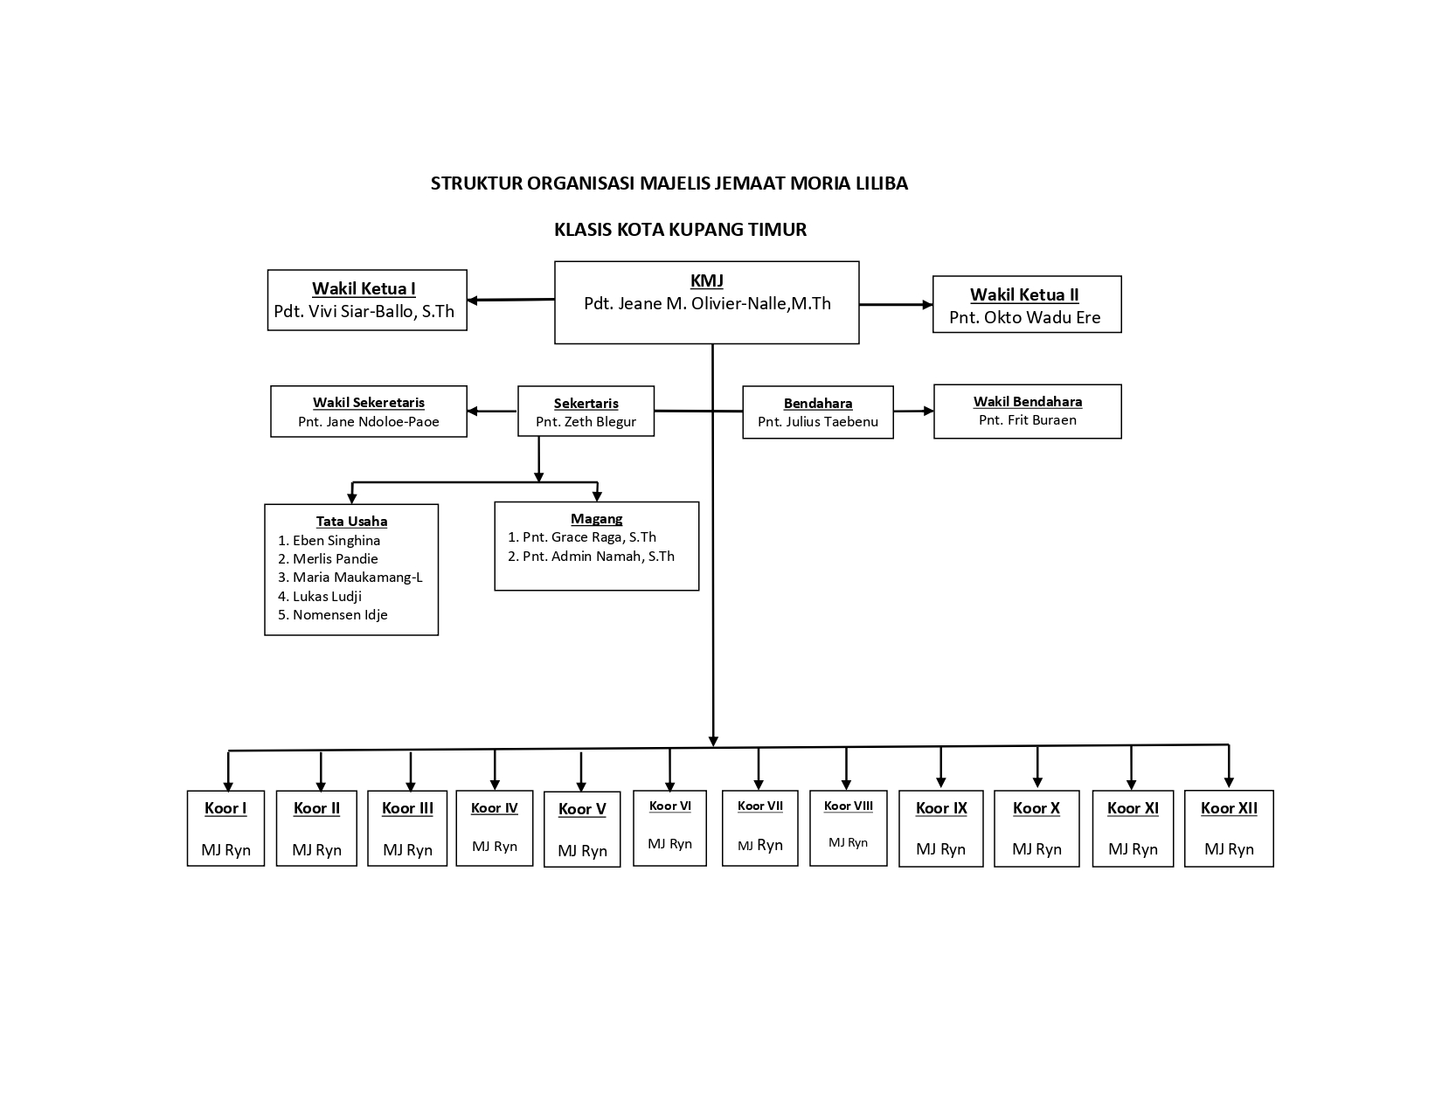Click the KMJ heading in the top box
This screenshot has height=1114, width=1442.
tap(706, 281)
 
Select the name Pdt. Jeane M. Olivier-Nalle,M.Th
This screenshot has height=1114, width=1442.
tap(707, 304)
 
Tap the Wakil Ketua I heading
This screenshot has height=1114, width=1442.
tap(364, 289)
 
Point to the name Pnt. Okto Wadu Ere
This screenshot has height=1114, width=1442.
tap(1025, 317)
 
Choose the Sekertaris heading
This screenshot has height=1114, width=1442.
tap(586, 404)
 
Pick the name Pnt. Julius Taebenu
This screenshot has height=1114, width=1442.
tap(817, 422)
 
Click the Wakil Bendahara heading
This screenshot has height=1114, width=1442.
tap(1028, 402)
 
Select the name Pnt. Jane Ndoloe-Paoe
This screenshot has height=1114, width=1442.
tap(368, 422)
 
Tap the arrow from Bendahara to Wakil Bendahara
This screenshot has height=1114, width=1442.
tap(913, 411)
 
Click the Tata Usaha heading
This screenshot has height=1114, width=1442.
tap(351, 522)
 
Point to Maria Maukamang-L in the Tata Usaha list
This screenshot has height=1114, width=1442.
tap(357, 578)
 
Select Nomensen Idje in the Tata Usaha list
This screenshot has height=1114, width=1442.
tap(340, 615)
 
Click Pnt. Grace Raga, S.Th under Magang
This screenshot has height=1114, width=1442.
tap(589, 537)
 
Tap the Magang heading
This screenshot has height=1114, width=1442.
tap(596, 519)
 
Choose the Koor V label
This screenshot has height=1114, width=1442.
tap(582, 810)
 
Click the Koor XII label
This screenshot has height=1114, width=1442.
tap(1229, 809)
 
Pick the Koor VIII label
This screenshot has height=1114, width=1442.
tap(848, 806)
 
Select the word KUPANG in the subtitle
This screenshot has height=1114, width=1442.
tap(706, 230)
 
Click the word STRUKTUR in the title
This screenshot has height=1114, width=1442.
tap(476, 183)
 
